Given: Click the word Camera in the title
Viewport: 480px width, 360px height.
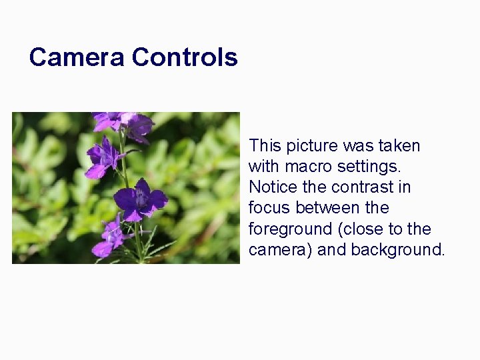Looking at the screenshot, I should (x=77, y=57).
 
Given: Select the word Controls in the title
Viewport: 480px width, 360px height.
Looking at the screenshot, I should (x=185, y=57).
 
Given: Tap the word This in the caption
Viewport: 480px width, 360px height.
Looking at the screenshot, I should (x=265, y=145).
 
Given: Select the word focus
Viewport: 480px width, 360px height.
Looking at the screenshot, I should (x=269, y=208).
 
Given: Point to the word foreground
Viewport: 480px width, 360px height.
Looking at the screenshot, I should (x=291, y=229).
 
